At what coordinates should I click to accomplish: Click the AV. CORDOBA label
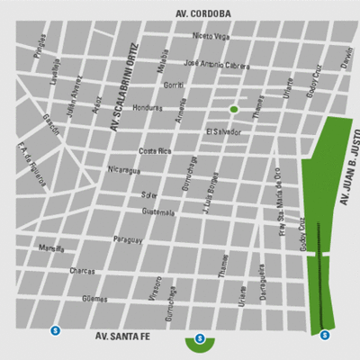[202, 13]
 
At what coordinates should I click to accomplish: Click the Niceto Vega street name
[211, 37]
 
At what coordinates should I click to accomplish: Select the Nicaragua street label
[123, 169]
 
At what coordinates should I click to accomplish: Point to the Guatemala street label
[158, 211]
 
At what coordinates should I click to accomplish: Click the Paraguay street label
[128, 239]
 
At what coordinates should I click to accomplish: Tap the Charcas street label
[83, 270]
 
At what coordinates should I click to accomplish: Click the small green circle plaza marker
[234, 109]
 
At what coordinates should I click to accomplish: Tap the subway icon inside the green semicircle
[200, 340]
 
